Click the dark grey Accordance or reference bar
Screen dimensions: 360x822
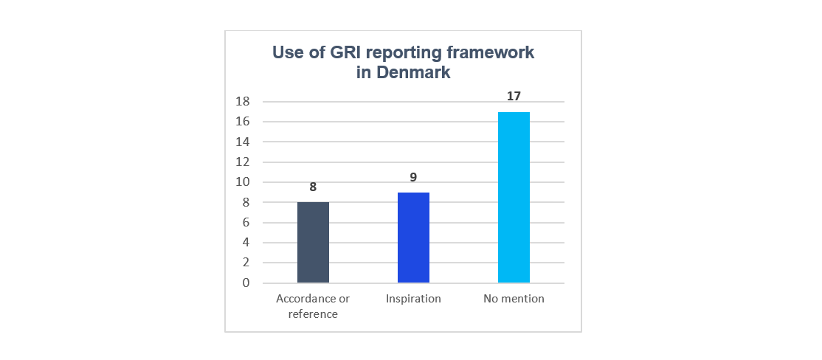313,242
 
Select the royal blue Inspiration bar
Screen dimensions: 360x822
413,238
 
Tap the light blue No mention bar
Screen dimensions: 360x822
514,197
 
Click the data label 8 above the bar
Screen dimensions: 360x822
313,187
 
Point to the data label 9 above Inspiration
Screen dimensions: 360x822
413,177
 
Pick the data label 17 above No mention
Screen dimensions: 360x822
514,97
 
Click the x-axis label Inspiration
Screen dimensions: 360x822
413,299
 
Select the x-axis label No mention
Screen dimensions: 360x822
514,299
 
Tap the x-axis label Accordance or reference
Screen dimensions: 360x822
313,306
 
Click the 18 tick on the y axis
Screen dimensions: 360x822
243,102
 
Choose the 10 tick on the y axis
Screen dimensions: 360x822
243,182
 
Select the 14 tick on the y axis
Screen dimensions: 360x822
243,142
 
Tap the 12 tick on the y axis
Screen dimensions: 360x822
243,162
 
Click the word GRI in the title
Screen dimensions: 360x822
336,53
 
